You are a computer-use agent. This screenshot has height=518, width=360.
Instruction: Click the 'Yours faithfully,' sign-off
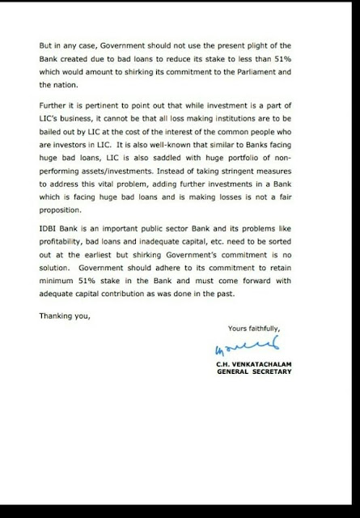[253, 329]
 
